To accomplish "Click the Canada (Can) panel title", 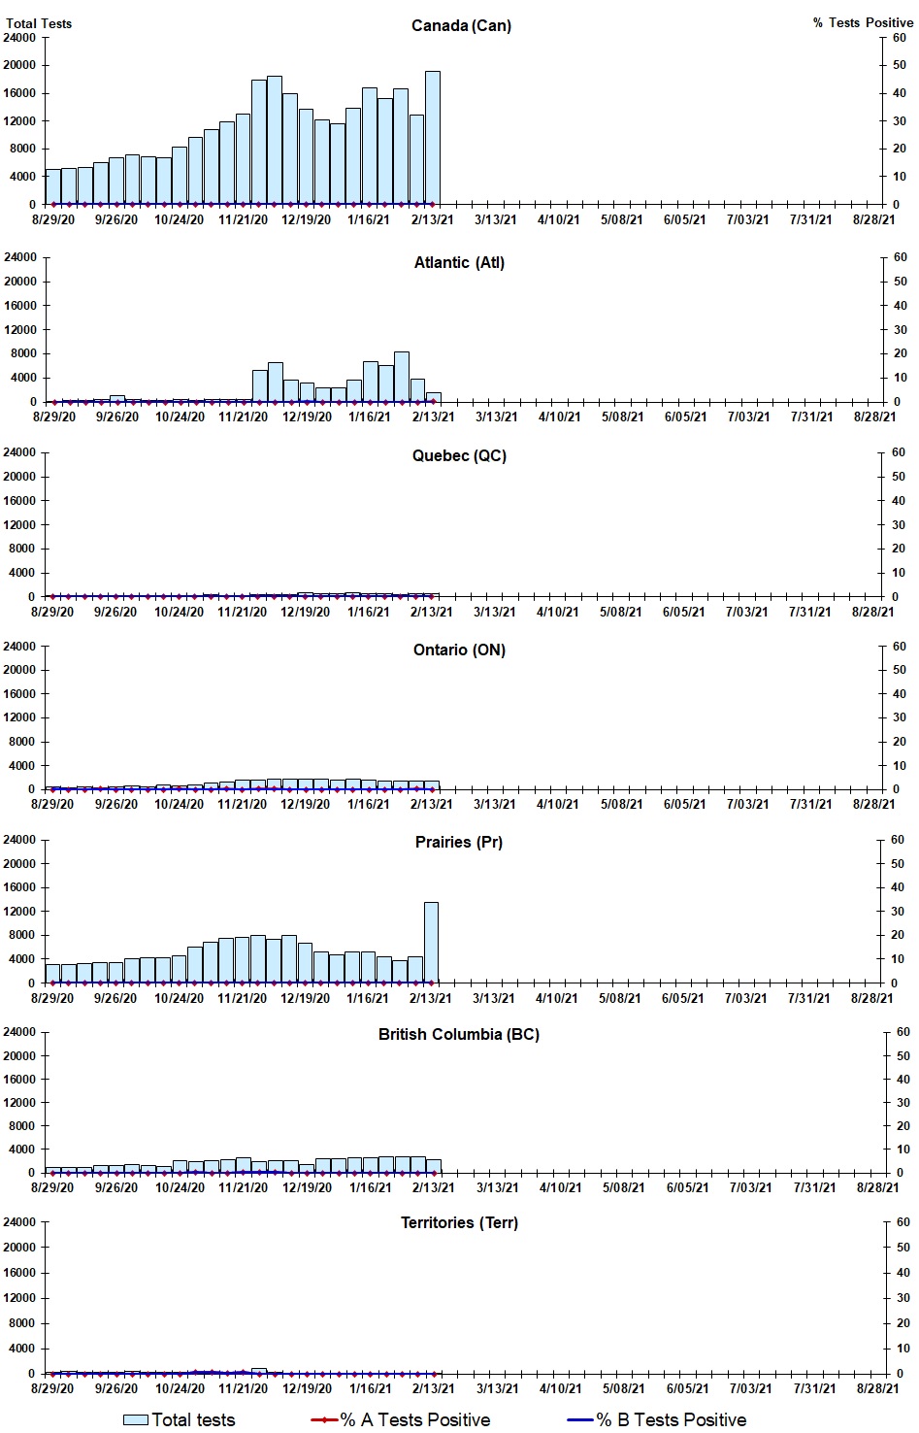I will [x=461, y=25].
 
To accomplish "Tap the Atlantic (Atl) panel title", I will [x=459, y=262].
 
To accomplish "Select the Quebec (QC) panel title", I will [x=459, y=455].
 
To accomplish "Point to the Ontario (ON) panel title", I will [x=459, y=650].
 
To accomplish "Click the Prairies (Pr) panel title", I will [x=459, y=842].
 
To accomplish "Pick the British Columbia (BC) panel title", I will [x=459, y=1034].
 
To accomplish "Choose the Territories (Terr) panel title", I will [x=459, y=1222].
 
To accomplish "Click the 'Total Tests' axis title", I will [x=39, y=23].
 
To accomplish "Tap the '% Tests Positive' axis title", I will [x=863, y=22].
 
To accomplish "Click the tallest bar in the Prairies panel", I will [x=431, y=942].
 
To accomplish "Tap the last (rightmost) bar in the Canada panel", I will [x=433, y=138].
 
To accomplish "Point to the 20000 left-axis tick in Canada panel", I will [x=20, y=65].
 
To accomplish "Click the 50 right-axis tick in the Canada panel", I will [x=900, y=65].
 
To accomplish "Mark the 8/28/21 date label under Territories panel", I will [x=877, y=1388].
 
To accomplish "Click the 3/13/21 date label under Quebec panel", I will [x=495, y=612].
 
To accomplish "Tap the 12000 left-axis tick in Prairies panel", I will [x=20, y=912].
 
